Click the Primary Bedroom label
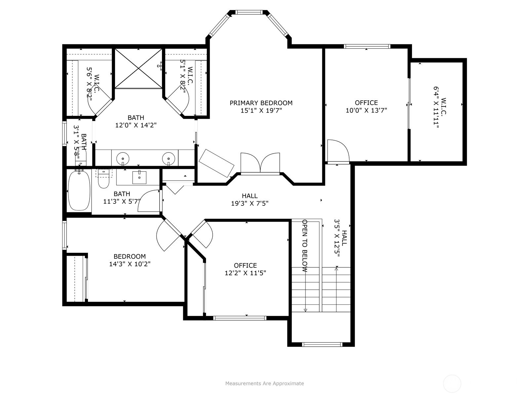261,103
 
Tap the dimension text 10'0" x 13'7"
366,110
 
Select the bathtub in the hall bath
79,191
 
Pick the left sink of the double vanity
123,158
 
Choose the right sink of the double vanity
169,158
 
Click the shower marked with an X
138,68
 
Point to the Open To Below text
305,245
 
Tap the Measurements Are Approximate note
264,383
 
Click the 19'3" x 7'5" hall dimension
250,203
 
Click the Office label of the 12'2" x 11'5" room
245,265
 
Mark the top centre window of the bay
249,12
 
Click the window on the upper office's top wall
367,46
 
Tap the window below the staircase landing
322,344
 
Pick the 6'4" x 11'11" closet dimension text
436,107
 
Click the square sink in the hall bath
139,178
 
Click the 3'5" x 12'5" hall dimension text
337,238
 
